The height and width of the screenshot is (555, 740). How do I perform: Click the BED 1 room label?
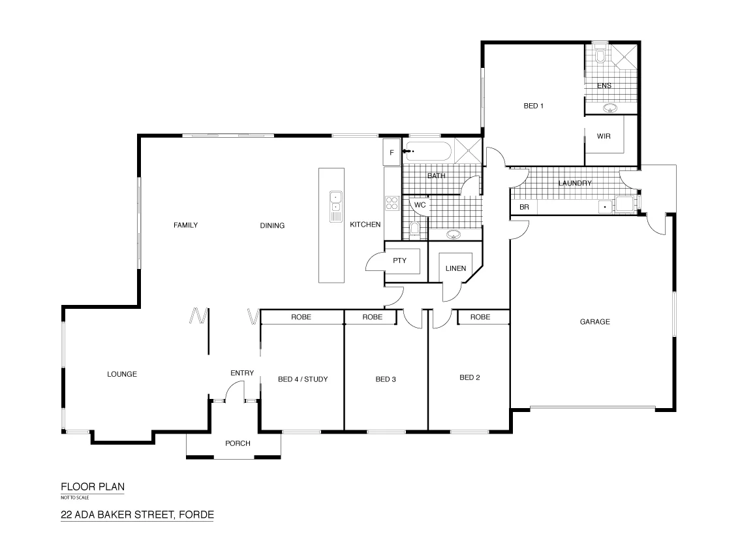533,106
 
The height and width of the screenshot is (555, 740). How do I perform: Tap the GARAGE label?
594,321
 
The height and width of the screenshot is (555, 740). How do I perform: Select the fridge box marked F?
392,153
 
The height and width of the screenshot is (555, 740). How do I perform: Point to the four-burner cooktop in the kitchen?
392,203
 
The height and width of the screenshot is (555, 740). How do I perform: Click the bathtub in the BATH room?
428,153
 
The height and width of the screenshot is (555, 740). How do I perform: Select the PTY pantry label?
399,261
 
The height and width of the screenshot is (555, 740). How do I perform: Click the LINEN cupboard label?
455,268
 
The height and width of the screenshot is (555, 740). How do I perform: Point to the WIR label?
603,136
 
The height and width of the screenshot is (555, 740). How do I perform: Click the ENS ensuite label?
604,86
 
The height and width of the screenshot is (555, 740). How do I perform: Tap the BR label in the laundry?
523,208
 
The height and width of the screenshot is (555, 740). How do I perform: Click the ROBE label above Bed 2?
480,317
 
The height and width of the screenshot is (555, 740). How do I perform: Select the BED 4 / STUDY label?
302,379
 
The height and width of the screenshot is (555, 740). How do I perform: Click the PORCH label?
238,443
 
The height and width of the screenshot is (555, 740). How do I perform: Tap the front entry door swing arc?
231,390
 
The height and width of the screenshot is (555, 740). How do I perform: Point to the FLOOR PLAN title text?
92,486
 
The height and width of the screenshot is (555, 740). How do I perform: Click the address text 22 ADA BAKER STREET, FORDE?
137,515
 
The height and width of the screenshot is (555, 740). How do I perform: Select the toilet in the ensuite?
601,57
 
